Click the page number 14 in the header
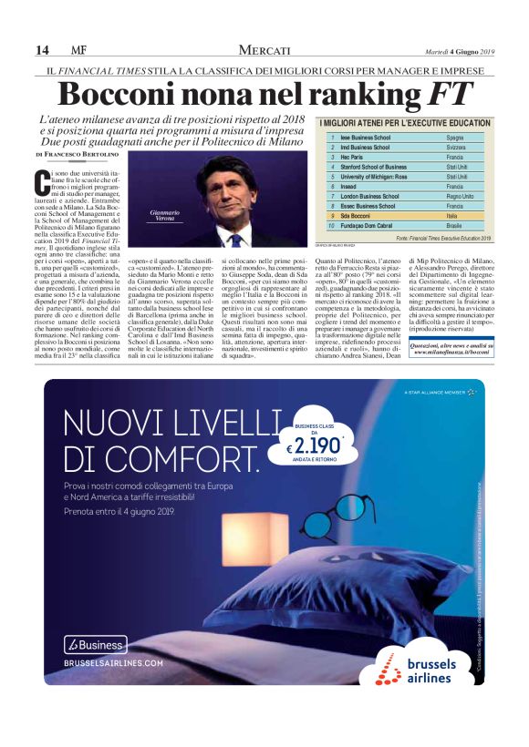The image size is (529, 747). click(42, 50)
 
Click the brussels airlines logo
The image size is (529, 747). click(420, 669)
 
